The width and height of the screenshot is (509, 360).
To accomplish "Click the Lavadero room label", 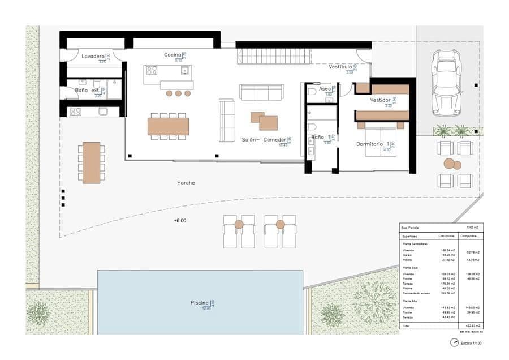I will [x=93, y=57].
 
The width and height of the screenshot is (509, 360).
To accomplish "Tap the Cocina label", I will [x=172, y=55].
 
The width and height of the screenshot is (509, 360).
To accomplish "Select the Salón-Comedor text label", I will [x=262, y=139].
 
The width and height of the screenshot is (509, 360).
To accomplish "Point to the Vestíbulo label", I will [x=340, y=67].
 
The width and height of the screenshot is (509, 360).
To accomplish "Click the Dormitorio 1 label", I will [x=373, y=144].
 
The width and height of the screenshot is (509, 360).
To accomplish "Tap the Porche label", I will [x=186, y=182].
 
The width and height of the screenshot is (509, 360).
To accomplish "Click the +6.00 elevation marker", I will [x=180, y=221].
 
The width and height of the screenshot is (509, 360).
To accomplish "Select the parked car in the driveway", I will [x=446, y=83].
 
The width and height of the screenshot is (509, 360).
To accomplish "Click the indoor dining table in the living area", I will [x=168, y=126].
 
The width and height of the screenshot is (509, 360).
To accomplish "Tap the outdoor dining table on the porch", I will [x=90, y=162].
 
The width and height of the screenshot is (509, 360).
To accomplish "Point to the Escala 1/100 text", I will [x=471, y=343].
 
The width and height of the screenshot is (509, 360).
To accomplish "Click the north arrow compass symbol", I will [x=454, y=342].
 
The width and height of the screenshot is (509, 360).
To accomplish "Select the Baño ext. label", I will [x=87, y=90].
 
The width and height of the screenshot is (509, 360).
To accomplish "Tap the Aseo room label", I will [x=325, y=89].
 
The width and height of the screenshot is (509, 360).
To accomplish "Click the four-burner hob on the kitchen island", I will [x=152, y=71].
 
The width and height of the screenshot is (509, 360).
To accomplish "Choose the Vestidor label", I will [x=380, y=100].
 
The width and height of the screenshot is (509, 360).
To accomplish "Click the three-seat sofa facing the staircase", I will [x=261, y=92].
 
